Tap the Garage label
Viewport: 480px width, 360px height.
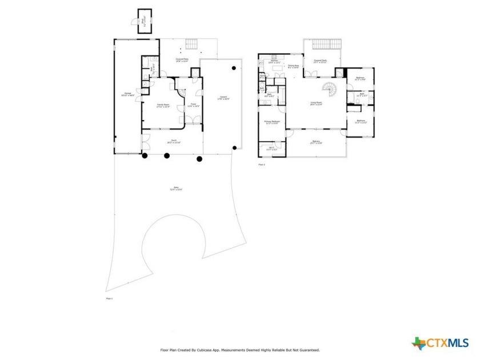[x=125, y=95]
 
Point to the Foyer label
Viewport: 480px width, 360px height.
[x=194, y=105]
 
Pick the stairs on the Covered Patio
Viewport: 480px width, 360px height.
[x=191, y=45]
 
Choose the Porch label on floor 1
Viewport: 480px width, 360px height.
[x=170, y=143]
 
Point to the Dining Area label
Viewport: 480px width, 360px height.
[x=294, y=66]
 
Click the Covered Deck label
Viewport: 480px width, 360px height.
[x=320, y=62]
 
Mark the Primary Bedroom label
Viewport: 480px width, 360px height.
[x=271, y=122]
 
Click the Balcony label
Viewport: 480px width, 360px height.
[x=317, y=142]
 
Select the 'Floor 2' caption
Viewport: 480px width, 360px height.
[x=262, y=165]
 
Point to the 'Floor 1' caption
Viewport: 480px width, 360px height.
[x=110, y=299]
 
